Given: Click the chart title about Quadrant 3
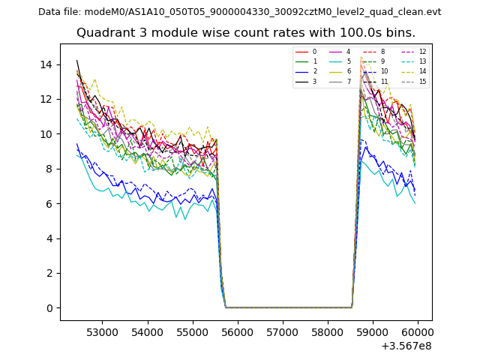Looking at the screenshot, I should coord(245,33).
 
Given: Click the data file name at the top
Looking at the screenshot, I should coord(239,11).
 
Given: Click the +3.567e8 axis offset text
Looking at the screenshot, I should coord(406,346).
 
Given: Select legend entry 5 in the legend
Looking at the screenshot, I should coord(349,61).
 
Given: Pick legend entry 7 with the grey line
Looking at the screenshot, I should coord(349,81).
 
